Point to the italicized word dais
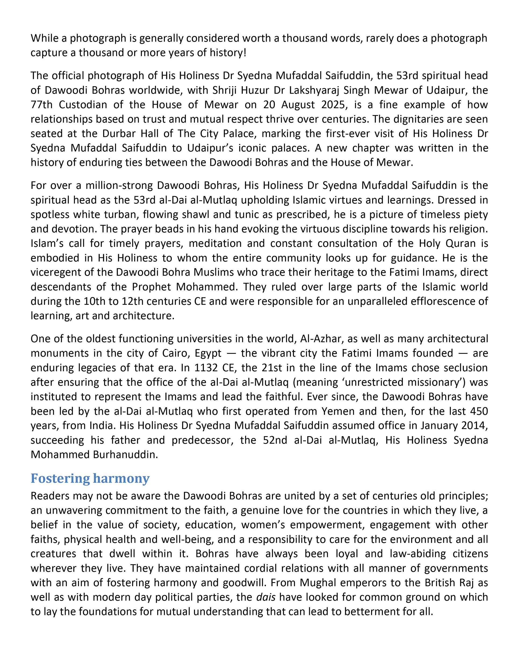point(265,597)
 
